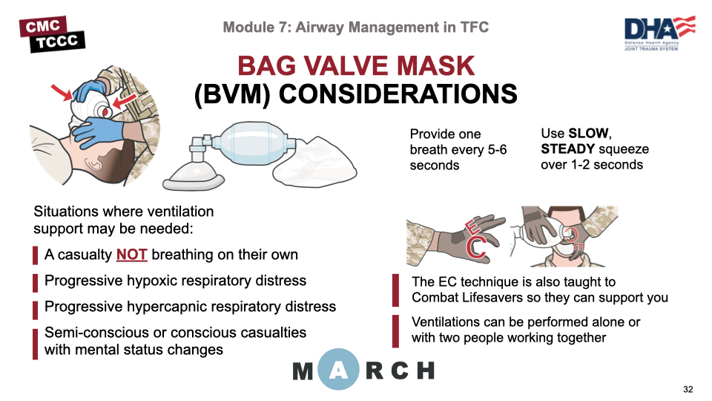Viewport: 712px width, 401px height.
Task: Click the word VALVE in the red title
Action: click(x=363, y=66)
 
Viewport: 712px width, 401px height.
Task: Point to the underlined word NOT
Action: click(x=132, y=255)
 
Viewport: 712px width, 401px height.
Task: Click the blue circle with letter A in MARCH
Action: click(x=338, y=369)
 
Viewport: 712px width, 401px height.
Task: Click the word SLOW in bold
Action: click(x=589, y=134)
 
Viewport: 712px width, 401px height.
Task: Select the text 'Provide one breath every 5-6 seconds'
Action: click(x=458, y=149)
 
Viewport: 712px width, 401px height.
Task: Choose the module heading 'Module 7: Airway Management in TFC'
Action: click(x=356, y=27)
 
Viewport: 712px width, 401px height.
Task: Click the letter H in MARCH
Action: click(x=425, y=370)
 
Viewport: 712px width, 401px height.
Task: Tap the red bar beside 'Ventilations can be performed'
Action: click(x=399, y=330)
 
